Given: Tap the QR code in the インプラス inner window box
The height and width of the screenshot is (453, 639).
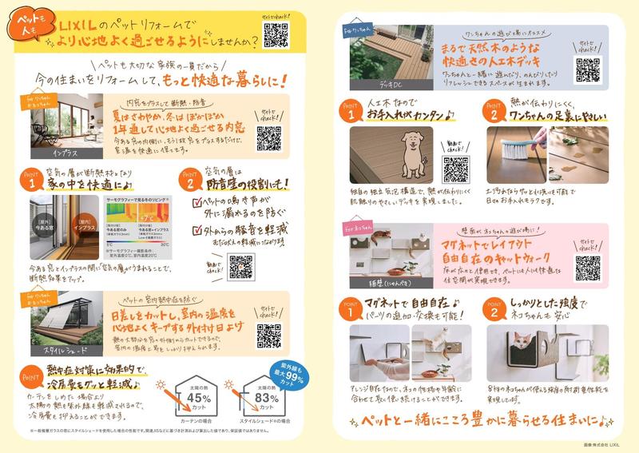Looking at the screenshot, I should (x=268, y=137).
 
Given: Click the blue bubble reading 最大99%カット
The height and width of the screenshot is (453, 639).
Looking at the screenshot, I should (x=280, y=372).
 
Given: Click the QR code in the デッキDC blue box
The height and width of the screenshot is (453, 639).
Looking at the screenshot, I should (x=587, y=70).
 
